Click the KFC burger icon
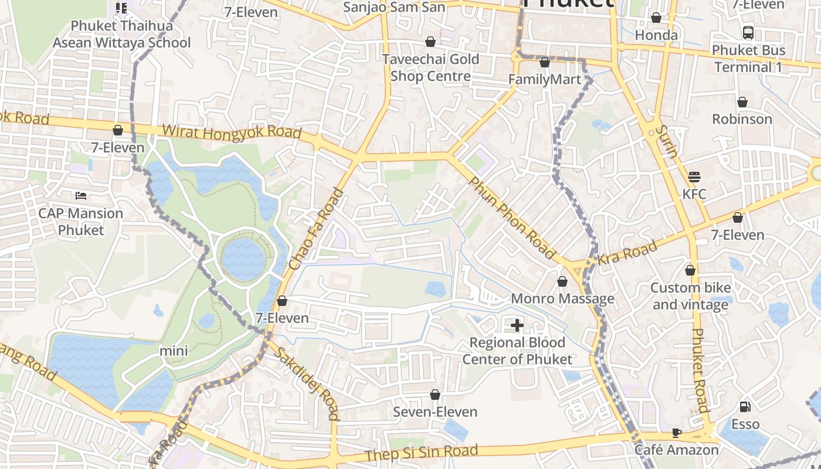(x=694, y=176)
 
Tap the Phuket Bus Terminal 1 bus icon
(x=748, y=33)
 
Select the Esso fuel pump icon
(x=745, y=406)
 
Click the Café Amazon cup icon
(x=676, y=433)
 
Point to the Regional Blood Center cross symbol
(x=517, y=325)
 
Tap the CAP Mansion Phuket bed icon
(x=81, y=195)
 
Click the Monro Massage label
(x=562, y=299)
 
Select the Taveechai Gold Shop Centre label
(x=430, y=67)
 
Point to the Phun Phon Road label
(x=511, y=218)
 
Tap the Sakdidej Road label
(x=307, y=383)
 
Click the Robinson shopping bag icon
(x=742, y=103)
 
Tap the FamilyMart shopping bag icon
(x=544, y=62)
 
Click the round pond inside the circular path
(x=244, y=257)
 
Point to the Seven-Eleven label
(x=435, y=412)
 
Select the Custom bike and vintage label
(x=691, y=296)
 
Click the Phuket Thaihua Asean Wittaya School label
(x=121, y=35)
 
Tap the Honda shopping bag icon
(x=656, y=18)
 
